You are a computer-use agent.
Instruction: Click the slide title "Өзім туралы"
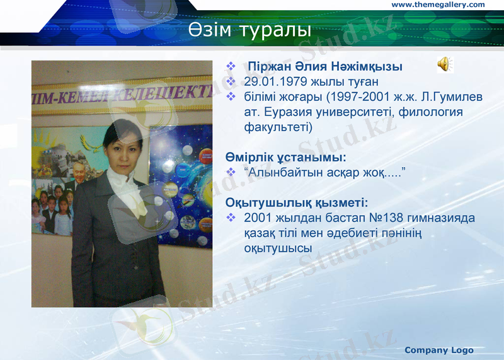point(251,30)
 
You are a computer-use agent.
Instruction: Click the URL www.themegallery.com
point(438,5)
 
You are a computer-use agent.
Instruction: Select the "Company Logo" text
point(438,350)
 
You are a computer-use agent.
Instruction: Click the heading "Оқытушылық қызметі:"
point(297,202)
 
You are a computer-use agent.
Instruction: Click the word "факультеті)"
point(278,127)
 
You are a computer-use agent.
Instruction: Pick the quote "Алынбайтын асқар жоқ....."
point(323,172)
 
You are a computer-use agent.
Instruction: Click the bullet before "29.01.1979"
point(231,82)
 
